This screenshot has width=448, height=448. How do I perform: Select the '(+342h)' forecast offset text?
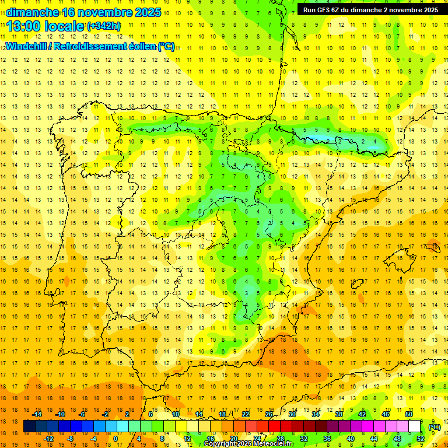click(x=104, y=26)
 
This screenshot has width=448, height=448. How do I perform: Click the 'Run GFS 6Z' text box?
click(x=370, y=10)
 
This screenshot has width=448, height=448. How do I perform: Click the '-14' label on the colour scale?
click(x=37, y=414)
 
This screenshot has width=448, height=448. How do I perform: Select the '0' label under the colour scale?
click(x=116, y=438)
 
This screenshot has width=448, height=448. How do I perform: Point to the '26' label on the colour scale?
click(x=269, y=414)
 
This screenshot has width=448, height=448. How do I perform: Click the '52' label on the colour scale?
click(x=421, y=438)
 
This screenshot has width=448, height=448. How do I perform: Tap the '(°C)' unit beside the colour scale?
click(x=434, y=427)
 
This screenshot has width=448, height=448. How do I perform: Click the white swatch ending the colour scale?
click(x=415, y=426)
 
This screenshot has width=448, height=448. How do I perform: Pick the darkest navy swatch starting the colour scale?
click(x=30, y=426)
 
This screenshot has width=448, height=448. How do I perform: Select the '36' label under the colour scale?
click(x=327, y=438)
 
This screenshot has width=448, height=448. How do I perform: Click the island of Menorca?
click(x=432, y=246)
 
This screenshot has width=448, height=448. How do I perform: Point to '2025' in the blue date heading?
click(x=148, y=13)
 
